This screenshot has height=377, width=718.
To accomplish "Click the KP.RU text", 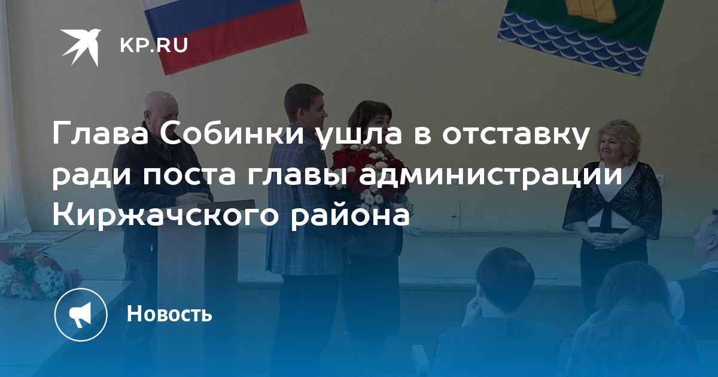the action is click(154, 45).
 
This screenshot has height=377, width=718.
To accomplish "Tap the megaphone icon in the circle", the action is click(80, 315).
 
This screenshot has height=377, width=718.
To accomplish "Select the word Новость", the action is click(169, 314).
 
